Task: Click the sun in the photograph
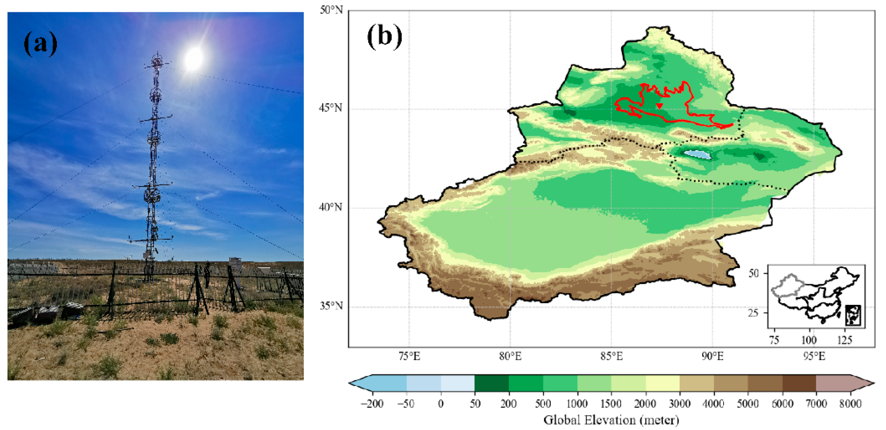pos(194,58)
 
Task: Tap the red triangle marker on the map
pos(659,106)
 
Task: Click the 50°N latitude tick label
pos(331,10)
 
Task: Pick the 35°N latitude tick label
pos(331,306)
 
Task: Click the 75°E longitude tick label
pos(409,356)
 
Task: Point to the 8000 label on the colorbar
pos(850,403)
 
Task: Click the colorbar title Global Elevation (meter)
pos(611,420)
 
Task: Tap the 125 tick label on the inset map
pos(844,340)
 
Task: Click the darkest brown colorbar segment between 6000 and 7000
pos(799,383)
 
